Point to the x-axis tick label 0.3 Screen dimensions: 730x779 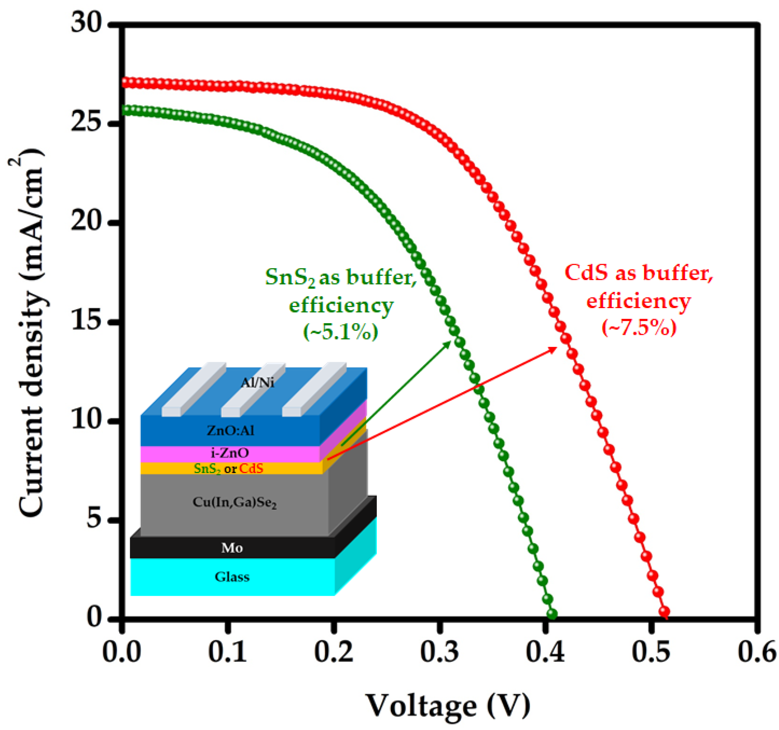[x=439, y=653]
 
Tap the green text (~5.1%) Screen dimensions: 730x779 [x=340, y=332]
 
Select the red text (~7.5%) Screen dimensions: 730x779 [x=639, y=327]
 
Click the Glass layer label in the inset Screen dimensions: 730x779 [x=232, y=577]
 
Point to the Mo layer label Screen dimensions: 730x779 [x=232, y=548]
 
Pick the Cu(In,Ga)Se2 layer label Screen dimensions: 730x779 [x=234, y=503]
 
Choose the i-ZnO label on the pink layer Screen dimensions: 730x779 [x=230, y=453]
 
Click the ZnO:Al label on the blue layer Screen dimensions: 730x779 [x=230, y=431]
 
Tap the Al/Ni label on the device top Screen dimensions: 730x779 [x=257, y=383]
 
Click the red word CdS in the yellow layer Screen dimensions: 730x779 [x=251, y=468]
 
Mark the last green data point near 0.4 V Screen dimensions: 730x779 [x=552, y=614]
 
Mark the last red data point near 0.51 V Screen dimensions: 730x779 [x=664, y=611]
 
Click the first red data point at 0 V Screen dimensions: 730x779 [x=126, y=83]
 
